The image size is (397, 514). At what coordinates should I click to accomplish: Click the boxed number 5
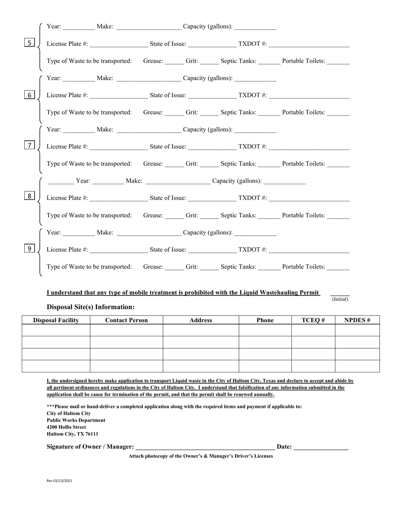pyautogui.click(x=29, y=43)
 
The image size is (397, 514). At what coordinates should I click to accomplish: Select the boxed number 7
pyautogui.click(x=29, y=145)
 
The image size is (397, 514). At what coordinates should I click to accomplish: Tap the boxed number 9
pyautogui.click(x=29, y=249)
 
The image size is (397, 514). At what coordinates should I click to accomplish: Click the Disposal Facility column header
pyautogui.click(x=56, y=320)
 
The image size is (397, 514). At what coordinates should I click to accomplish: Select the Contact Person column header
pyautogui.click(x=126, y=320)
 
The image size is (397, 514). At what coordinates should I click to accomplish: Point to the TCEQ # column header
pyautogui.click(x=313, y=320)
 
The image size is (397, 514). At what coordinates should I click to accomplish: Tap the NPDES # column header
pyautogui.click(x=357, y=320)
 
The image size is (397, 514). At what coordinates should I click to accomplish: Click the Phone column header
pyautogui.click(x=265, y=320)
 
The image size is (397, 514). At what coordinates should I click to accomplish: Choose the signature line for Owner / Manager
pyautogui.click(x=205, y=448)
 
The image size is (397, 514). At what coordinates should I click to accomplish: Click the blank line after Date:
pyautogui.click(x=321, y=448)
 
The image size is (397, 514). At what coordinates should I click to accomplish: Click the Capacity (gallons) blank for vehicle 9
pyautogui.click(x=255, y=234)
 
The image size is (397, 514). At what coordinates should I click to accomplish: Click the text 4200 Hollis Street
pyautogui.click(x=66, y=427)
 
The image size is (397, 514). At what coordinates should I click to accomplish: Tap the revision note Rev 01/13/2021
pyautogui.click(x=59, y=481)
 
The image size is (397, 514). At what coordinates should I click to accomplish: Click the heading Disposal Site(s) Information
pyautogui.click(x=91, y=307)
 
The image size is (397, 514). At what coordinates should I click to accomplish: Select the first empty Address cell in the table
pyautogui.click(x=201, y=331)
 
